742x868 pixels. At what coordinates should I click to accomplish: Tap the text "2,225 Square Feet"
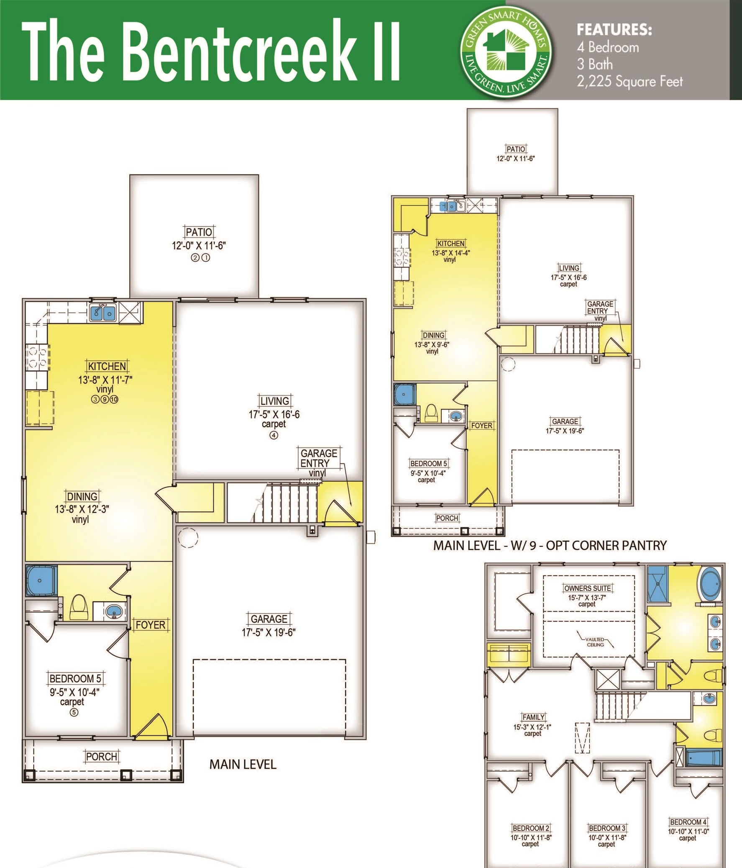[630, 82]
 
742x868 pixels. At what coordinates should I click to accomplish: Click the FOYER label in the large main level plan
[150, 625]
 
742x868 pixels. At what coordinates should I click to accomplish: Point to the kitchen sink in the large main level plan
[103, 312]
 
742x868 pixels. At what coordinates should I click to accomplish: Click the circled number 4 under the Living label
[274, 435]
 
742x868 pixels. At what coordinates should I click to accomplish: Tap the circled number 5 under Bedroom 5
[74, 712]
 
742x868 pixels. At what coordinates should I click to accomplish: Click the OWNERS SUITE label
[588, 588]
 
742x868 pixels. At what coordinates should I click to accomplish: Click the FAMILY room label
[533, 717]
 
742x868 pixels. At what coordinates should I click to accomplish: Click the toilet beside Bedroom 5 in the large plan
[79, 607]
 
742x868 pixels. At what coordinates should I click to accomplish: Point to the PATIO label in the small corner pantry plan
[515, 149]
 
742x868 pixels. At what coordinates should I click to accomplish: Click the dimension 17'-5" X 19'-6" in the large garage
[269, 632]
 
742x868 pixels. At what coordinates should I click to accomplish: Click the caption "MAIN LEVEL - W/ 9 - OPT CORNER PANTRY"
[550, 545]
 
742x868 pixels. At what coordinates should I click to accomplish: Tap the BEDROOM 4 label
[688, 822]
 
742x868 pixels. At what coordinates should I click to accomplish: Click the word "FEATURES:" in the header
[614, 30]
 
